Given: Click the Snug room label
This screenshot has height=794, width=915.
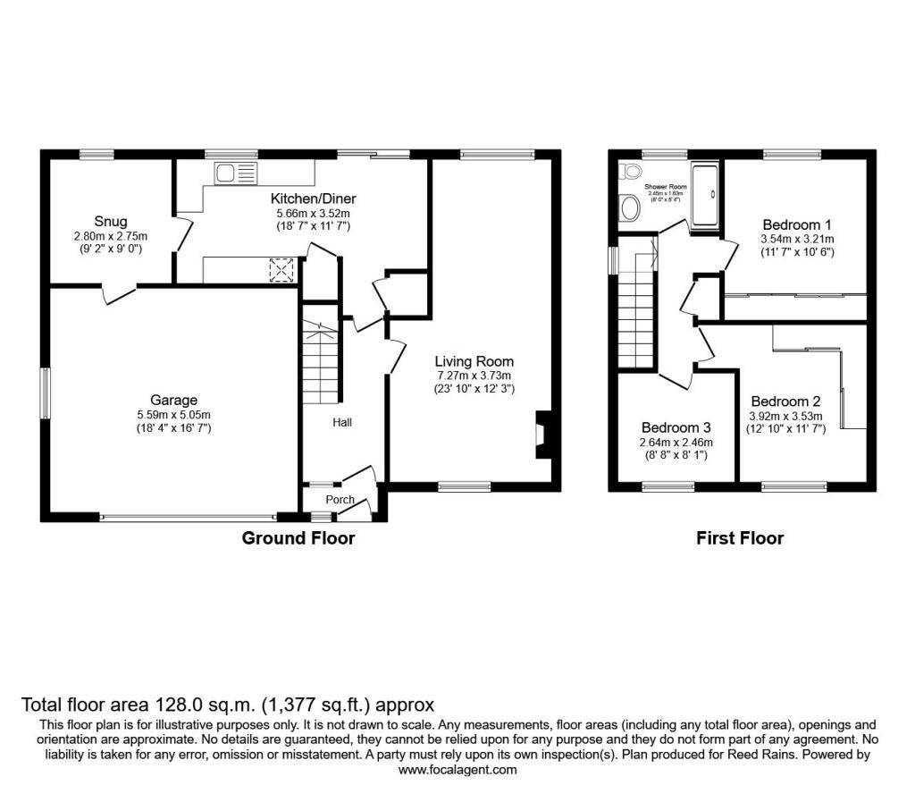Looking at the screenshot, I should [112, 221].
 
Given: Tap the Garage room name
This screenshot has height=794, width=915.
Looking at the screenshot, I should [173, 400].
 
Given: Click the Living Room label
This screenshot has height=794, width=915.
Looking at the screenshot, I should [474, 361].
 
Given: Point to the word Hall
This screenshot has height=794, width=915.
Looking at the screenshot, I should [342, 421].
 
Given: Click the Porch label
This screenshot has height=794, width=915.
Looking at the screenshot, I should [340, 500].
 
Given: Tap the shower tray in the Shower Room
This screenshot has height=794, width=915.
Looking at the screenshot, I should [705, 194].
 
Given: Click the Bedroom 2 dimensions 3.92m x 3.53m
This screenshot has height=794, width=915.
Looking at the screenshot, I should [785, 416].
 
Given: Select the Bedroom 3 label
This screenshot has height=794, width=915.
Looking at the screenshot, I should [676, 427].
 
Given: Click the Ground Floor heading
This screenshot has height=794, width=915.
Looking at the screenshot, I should [298, 538].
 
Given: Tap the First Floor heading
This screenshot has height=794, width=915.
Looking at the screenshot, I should [739, 538].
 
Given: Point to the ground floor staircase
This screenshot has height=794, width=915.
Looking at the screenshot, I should [321, 364].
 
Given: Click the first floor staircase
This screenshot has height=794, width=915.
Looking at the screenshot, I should [636, 309].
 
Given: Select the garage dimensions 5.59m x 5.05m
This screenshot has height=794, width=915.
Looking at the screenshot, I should [173, 415].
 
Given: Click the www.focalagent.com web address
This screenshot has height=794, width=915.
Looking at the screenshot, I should [457, 769].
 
